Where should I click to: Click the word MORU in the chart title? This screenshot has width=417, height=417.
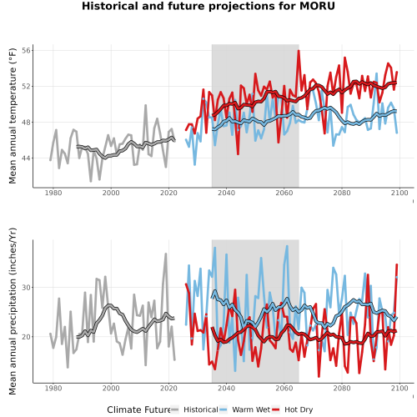317,6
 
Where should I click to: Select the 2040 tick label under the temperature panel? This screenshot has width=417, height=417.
226,193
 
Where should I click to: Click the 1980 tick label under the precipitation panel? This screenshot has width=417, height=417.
53,388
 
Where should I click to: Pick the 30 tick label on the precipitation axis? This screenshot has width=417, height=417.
26,288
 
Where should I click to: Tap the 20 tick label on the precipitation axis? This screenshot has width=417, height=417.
26,337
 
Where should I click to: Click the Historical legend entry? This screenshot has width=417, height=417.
194,409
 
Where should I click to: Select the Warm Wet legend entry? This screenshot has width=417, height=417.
244,409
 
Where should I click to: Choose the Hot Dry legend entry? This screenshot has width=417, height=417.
292,409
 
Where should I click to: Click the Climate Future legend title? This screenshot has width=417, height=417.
138,409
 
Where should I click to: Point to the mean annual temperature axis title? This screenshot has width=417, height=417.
13,116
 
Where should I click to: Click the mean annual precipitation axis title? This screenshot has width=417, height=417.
13,311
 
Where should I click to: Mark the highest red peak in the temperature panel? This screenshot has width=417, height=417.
299,51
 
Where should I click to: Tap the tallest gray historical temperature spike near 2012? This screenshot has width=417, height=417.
145,105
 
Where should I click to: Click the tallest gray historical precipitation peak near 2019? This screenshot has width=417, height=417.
166,254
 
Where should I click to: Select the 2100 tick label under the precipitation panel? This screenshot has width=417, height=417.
399,388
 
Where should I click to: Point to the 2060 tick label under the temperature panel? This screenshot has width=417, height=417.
284,193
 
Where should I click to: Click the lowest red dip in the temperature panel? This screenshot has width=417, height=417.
238,153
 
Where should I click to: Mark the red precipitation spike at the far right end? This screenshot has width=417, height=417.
397,265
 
